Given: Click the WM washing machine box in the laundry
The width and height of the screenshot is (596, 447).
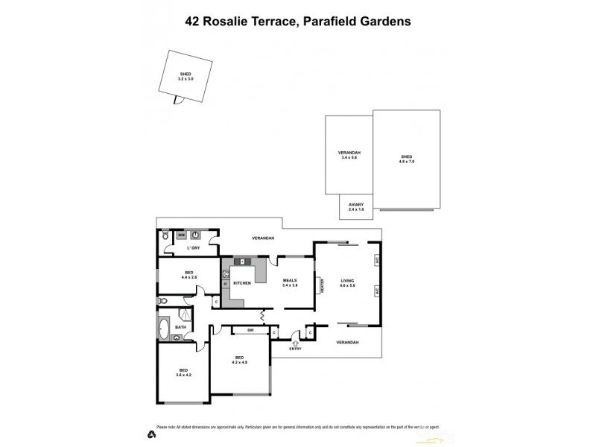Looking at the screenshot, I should (181, 235).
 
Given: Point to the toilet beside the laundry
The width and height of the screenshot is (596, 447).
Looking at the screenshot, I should (165, 237).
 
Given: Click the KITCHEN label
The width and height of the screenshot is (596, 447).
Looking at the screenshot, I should (242, 284).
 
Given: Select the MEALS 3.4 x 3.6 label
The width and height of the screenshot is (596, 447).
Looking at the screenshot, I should (289, 283).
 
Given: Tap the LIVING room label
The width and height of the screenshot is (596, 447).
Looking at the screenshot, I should (348, 283).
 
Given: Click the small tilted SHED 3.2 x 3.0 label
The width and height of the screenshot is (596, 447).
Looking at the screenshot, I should (186, 76).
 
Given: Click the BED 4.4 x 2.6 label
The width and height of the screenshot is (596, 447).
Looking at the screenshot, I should (189, 275).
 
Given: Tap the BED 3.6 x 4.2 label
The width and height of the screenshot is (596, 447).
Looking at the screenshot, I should (183, 372).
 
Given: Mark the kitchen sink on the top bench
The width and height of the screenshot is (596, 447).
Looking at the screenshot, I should (243, 262).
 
